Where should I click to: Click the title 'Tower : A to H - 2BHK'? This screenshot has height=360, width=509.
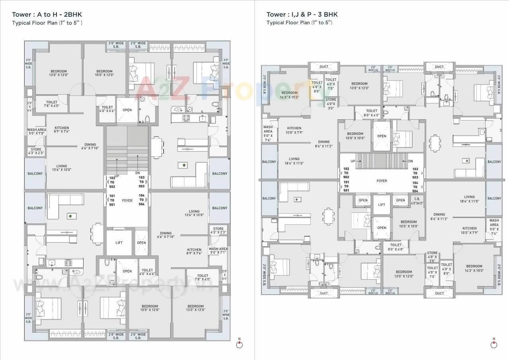tap(47, 15)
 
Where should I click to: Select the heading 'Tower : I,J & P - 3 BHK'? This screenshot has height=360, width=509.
tap(302, 15)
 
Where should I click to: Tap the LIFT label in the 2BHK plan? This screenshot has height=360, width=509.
tap(119, 243)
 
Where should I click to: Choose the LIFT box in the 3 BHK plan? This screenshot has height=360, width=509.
tap(381, 204)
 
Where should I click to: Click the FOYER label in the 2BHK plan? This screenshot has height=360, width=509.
tap(127, 201)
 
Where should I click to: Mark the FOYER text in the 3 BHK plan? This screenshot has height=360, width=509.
tap(381, 181)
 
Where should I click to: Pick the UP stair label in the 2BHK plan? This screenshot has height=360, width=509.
tap(117, 176)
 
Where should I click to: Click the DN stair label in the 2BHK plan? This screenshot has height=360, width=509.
tap(138, 173)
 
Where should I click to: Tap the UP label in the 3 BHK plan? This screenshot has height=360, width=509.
tap(353, 161)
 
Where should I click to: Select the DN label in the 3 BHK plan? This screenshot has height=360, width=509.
tap(410, 161)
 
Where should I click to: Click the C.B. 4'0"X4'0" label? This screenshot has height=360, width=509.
tap(417, 201)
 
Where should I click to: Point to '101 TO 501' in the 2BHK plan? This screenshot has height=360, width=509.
tap(112, 200)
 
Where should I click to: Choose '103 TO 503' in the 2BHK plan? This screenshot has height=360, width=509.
tap(142, 182)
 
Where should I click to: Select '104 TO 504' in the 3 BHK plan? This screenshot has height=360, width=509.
tap(415, 187)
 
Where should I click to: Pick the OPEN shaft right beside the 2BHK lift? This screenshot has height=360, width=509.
tap(141, 243)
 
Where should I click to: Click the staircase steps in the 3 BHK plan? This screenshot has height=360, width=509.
tap(381, 161)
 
